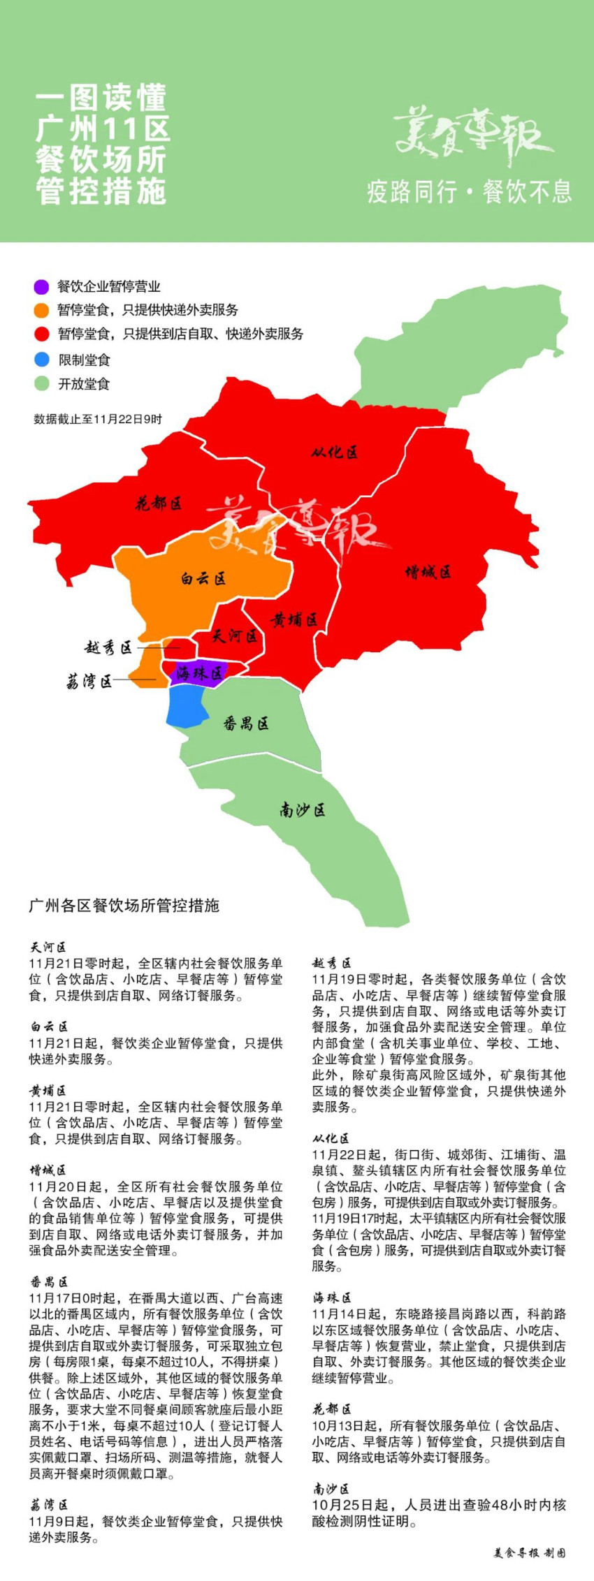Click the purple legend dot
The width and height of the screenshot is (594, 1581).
pos(41,286)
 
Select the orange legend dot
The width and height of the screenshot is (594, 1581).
pos(41,310)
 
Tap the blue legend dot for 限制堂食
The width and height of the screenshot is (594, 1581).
pos(42,360)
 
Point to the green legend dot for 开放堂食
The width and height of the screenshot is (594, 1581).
pos(42,383)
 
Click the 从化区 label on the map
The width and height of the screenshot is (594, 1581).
pos(334,453)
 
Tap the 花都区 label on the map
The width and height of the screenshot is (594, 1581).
pos(159,503)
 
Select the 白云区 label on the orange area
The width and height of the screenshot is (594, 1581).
pos(203,578)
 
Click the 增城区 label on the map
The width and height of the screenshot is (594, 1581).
pos(428,573)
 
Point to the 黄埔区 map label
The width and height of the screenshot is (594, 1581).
pos(294,619)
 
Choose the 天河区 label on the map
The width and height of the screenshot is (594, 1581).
pos(235,636)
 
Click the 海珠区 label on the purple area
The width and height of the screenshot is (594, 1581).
pos(199,673)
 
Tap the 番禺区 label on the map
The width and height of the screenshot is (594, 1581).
pos(246,723)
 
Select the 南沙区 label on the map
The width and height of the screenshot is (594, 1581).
pos(303,810)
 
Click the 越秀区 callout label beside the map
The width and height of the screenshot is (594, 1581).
pos(108,648)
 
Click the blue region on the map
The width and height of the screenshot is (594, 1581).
pos(187,706)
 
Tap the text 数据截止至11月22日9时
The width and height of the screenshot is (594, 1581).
pos(98,419)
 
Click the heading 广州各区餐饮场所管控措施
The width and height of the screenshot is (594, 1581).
pos(124,906)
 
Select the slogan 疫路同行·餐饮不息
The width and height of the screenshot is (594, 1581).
pos(469,191)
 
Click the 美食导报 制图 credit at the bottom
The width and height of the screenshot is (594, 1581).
pos(529,1553)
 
